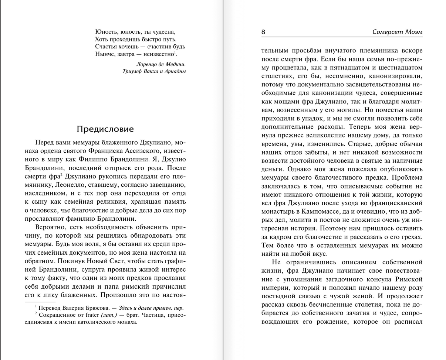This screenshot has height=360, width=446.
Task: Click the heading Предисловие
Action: coord(105,129)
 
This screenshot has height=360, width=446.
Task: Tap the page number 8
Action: coord(263,32)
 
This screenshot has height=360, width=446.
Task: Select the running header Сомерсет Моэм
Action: coord(397,32)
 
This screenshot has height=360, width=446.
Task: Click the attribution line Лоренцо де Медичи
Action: coord(161,64)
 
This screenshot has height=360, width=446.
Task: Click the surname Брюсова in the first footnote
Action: coord(88,308)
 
